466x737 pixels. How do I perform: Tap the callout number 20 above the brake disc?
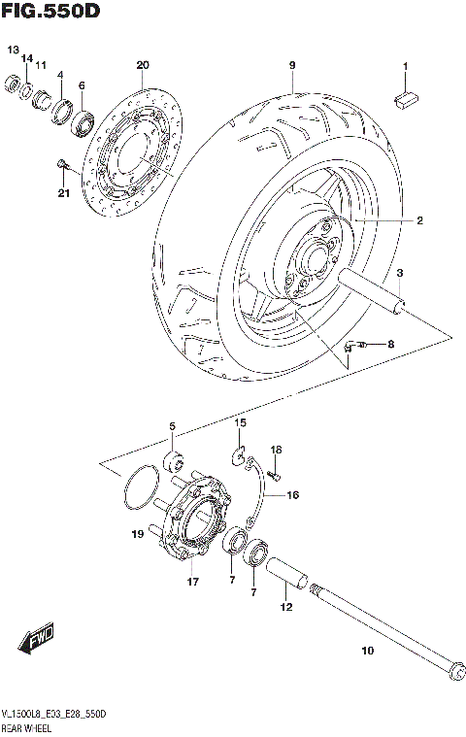(143, 65)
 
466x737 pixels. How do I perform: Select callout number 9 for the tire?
(290, 65)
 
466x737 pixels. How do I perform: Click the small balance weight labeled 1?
(406, 95)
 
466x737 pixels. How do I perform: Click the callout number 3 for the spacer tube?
(399, 274)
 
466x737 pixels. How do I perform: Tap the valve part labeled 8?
(361, 344)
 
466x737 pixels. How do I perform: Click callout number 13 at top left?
(13, 50)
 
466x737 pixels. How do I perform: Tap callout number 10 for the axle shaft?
(366, 652)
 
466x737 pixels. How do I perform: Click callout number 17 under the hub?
(192, 583)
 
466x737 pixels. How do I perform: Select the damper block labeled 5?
(176, 457)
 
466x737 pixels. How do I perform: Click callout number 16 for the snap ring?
(292, 494)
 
